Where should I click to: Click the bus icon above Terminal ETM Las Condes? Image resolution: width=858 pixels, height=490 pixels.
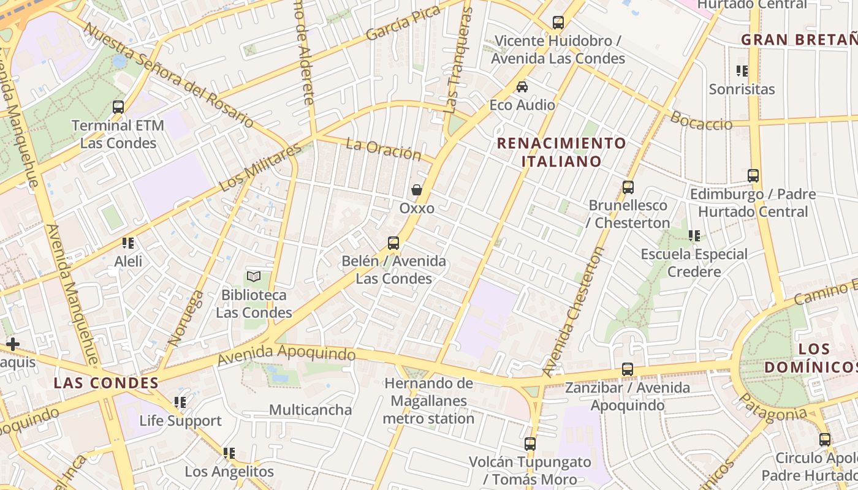tap(118, 107)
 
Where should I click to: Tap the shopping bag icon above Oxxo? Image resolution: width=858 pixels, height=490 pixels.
tap(417, 190)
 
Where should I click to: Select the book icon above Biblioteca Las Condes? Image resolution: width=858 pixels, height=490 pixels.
tap(254, 277)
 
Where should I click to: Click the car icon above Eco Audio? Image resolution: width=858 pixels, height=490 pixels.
tap(522, 87)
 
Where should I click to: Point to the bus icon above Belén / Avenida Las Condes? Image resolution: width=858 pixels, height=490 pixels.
tap(393, 243)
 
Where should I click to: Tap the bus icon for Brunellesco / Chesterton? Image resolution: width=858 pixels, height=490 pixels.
tap(628, 187)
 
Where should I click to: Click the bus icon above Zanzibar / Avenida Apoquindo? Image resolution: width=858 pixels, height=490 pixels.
tap(627, 369)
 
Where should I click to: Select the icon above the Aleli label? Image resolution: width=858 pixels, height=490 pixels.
tap(128, 243)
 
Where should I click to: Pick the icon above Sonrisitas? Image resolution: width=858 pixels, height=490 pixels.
tap(742, 71)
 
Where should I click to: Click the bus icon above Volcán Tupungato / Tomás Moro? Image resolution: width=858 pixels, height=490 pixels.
tap(530, 444)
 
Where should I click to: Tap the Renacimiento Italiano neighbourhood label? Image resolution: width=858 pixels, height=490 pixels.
tap(561, 153)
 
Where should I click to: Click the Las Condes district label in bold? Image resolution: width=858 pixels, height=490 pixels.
tap(106, 383)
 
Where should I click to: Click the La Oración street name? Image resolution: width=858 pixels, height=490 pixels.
tap(384, 149)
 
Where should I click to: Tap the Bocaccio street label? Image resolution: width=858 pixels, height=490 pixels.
tap(701, 120)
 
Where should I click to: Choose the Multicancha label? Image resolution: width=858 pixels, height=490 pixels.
tap(310, 410)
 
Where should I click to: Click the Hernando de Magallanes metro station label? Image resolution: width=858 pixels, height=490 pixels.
tap(429, 401)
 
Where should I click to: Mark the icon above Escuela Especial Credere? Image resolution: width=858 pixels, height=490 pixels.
tap(694, 236)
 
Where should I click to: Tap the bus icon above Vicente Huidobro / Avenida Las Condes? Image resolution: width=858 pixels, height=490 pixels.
tap(558, 23)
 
